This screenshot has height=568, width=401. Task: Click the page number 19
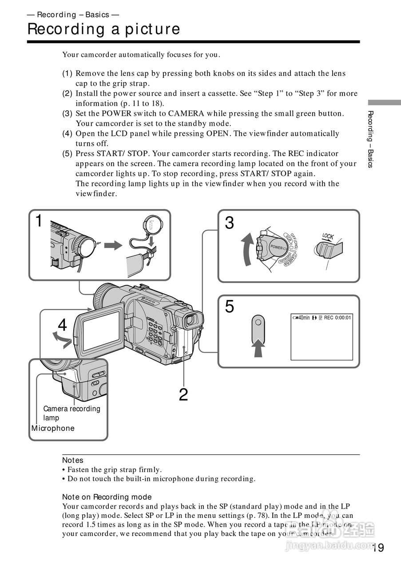378,548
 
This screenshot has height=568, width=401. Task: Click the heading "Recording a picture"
103,29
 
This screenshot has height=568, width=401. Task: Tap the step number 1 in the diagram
39,221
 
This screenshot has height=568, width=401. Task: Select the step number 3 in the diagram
229,223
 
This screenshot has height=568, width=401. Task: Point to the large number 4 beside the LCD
62,325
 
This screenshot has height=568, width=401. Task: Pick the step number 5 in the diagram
229,307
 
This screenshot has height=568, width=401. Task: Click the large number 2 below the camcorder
183,394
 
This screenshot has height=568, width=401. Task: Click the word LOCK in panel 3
328,236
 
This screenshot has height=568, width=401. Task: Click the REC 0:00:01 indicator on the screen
337,318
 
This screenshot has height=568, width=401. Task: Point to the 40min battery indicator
302,318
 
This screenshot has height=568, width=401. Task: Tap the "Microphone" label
53,428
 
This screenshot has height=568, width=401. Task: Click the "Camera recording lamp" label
71,413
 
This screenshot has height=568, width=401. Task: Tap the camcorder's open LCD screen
102,331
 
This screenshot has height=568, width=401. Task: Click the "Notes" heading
73,460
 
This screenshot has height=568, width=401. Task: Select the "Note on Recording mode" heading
107,497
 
